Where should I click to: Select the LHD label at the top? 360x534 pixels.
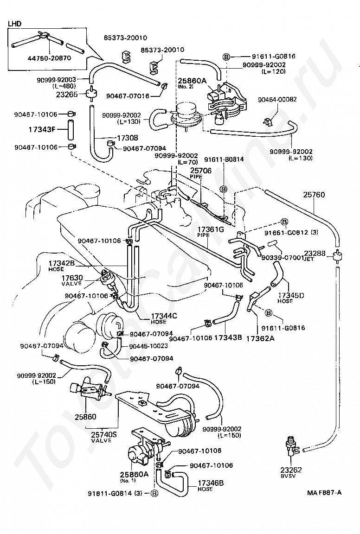14,23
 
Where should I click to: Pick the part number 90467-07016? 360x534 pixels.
128,96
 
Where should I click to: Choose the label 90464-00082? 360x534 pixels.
278,99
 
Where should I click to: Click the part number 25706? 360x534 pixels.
200,171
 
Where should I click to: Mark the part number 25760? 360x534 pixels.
314,195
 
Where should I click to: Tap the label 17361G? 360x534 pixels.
211,229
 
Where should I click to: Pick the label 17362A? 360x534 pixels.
260,338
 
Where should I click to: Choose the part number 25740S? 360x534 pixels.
104,434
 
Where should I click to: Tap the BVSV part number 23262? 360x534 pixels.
291,469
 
